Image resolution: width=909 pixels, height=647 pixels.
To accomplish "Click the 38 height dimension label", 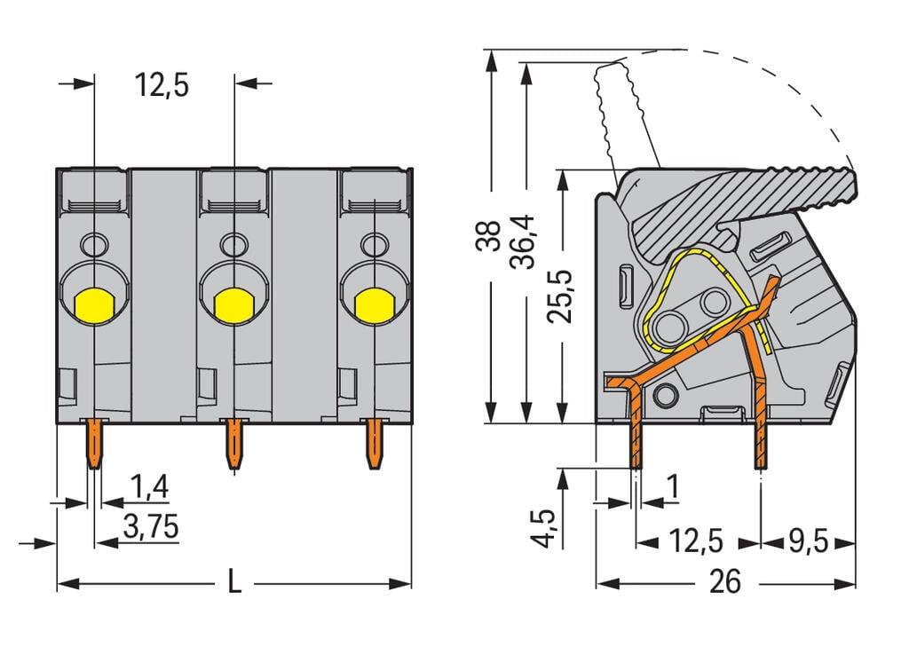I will (x=488, y=238).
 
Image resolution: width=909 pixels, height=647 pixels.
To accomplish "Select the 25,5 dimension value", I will (x=559, y=297).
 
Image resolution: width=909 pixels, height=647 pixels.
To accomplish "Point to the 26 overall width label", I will (x=725, y=581).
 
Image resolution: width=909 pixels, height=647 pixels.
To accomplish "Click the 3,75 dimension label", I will (x=150, y=527).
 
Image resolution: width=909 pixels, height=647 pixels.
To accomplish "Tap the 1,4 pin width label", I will (x=148, y=487).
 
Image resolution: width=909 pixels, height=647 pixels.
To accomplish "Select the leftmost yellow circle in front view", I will (x=93, y=305).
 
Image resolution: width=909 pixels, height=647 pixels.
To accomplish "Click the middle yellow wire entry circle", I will (x=233, y=305).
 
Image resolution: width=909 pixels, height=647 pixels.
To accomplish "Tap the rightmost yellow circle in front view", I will (x=374, y=305).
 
